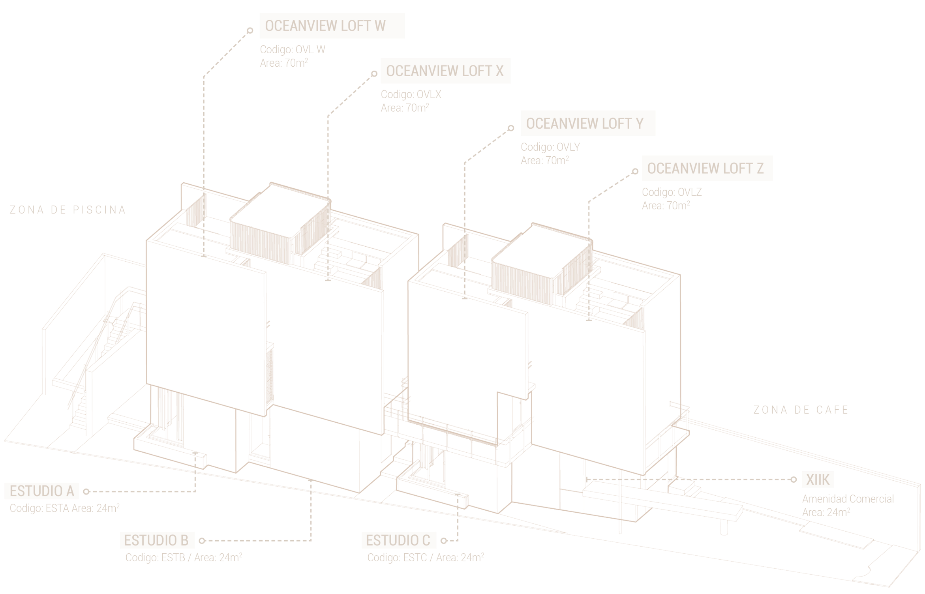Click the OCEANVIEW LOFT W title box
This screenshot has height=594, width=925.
click(332, 26)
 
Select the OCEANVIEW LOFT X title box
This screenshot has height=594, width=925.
click(445, 70)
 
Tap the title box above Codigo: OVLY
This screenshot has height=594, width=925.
click(587, 124)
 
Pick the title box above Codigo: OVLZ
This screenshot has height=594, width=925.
click(707, 169)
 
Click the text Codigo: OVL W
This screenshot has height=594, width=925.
click(293, 50)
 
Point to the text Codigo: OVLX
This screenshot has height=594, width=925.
click(411, 94)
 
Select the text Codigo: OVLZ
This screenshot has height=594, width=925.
click(671, 192)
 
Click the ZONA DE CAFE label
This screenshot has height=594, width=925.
click(801, 410)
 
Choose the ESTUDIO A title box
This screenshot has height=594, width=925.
click(41, 491)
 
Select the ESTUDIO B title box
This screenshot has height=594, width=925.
click(157, 540)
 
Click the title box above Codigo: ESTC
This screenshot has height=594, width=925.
click(399, 540)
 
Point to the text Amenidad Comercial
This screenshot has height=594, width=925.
click(848, 499)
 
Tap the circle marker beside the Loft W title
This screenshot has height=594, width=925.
click(250, 30)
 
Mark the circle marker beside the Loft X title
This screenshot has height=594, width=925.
click(374, 74)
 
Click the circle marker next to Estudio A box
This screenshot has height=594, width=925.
click(86, 491)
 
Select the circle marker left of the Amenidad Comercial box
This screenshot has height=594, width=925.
click(794, 480)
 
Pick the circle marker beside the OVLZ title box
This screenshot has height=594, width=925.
click(635, 171)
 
